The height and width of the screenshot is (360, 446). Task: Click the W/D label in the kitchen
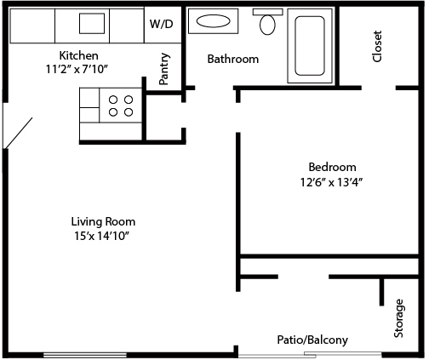coord(161,24)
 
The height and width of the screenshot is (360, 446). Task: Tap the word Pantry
coord(164,69)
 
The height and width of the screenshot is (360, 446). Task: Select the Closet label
coord(377,46)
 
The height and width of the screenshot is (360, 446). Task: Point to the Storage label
coord(398,318)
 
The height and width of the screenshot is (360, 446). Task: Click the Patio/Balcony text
coord(312,340)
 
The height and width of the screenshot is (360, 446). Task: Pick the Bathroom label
coord(233,59)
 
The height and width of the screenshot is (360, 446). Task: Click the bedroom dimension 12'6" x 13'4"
coord(332,182)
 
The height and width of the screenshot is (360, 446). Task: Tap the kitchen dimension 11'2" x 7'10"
coord(77,69)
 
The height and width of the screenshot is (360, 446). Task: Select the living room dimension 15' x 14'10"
coord(102,236)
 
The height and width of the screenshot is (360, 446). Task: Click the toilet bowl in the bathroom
coord(267,25)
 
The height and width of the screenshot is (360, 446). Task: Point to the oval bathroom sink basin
coord(213,21)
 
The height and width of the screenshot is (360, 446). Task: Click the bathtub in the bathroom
coord(310,46)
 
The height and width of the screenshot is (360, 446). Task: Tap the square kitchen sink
coord(92,23)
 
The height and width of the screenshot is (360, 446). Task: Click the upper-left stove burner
coord(113,100)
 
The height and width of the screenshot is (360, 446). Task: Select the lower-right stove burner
coord(129,112)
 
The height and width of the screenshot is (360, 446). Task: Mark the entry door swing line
coord(18,133)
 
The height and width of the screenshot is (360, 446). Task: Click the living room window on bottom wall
coord(85,355)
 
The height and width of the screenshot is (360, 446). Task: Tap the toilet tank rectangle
coord(267,12)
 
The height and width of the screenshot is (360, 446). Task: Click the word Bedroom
coord(332,167)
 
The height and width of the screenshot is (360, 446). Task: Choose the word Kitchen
coord(79,55)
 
